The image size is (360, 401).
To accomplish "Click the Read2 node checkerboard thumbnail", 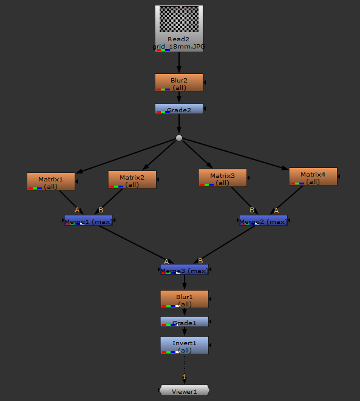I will (178, 19).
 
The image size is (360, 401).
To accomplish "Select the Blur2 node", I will (179, 83).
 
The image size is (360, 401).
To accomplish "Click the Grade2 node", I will (179, 109).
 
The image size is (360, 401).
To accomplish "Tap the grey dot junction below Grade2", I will (179, 138).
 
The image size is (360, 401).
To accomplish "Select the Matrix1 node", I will (51, 181).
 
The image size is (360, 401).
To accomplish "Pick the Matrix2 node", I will (132, 180).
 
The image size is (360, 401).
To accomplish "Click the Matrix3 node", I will (223, 178).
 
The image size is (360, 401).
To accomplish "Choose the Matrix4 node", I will (313, 177).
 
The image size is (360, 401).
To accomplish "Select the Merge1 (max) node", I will (89, 221).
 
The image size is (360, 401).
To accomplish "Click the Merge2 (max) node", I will (263, 221).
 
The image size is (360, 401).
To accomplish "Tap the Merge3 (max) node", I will (185, 269).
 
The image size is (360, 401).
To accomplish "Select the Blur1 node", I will (185, 299).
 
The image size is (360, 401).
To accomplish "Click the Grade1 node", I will (185, 322).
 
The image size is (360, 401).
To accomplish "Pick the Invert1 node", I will (185, 345).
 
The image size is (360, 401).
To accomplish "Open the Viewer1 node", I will (185, 391).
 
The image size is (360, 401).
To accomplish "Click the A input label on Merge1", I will (77, 210).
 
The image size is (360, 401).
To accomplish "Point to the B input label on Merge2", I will (251, 210).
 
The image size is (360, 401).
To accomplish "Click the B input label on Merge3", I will (200, 261).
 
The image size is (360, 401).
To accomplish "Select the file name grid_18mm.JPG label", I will (178, 47).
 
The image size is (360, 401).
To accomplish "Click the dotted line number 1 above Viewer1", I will (185, 377).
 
